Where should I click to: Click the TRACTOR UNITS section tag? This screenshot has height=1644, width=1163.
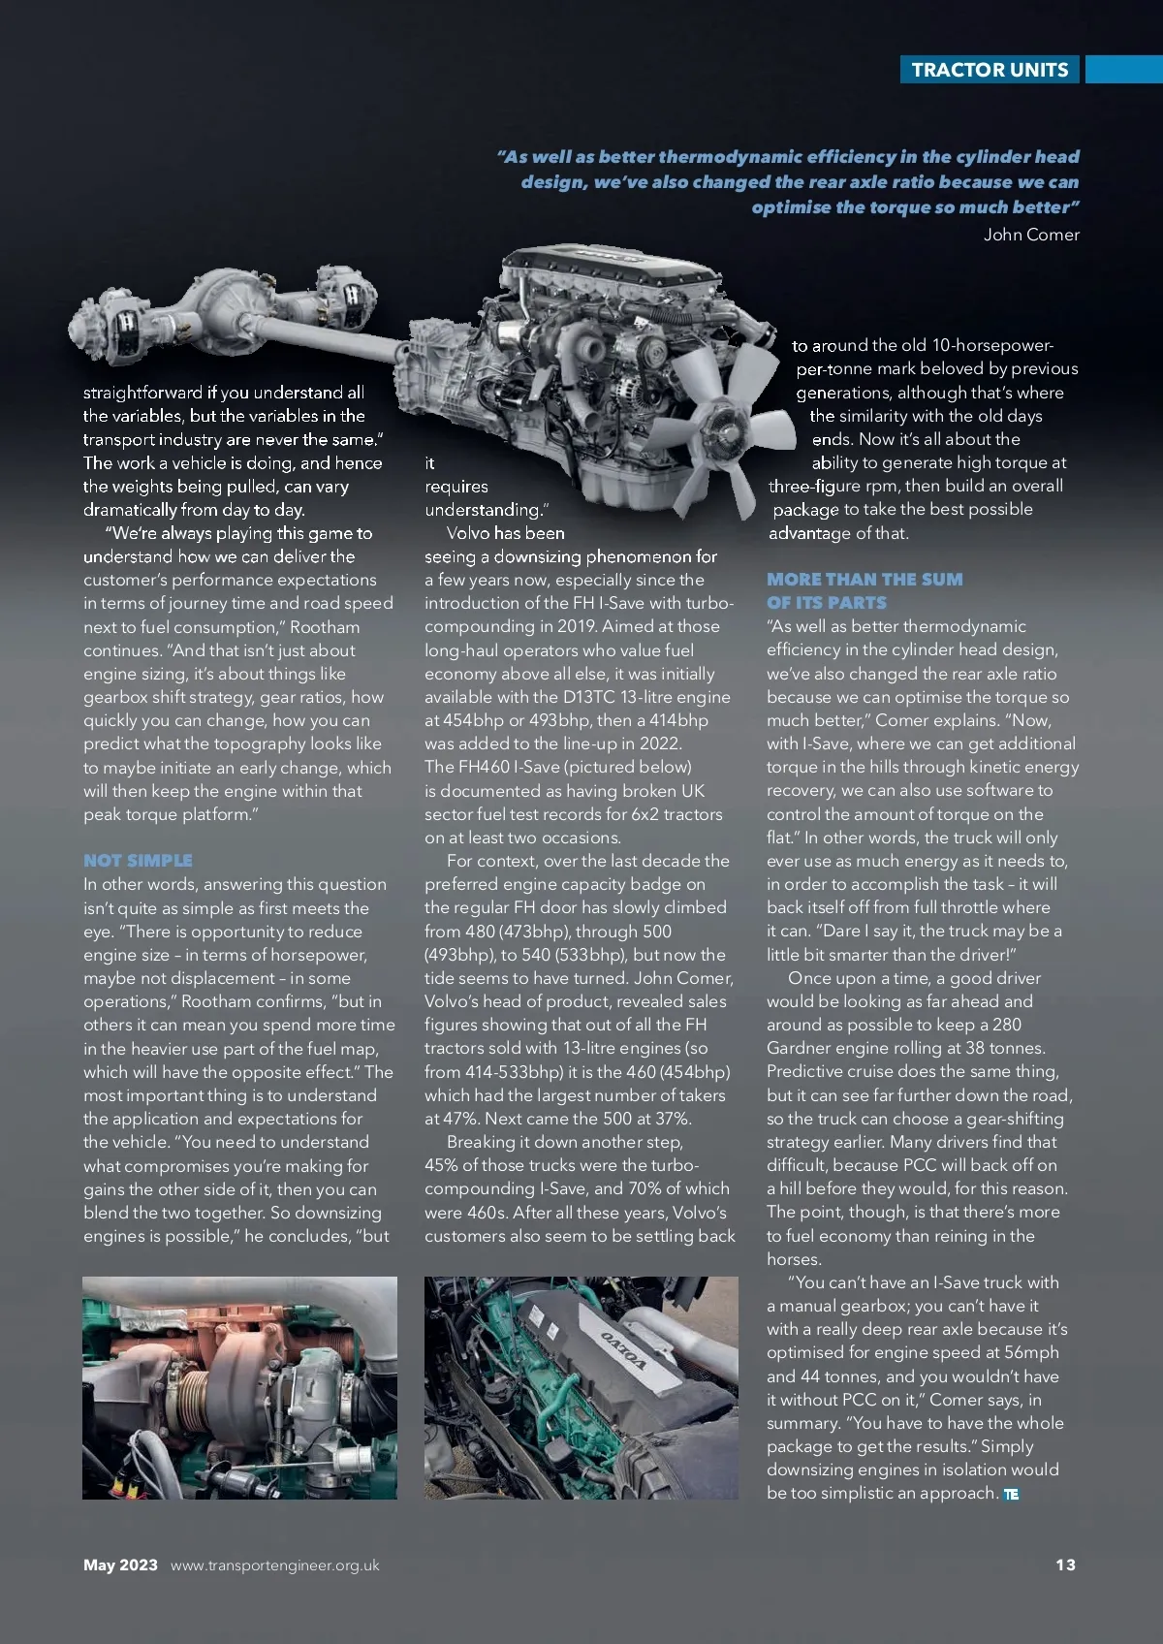[990, 70]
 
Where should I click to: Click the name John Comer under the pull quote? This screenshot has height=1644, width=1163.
[1031, 235]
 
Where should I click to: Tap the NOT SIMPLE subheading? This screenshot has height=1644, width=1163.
[138, 861]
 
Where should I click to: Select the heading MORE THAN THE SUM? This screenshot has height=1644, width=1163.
[864, 580]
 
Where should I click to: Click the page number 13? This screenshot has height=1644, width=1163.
[1065, 1565]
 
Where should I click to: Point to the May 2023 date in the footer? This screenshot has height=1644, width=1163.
[120, 1565]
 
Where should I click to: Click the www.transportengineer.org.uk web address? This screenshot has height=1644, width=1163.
[275, 1565]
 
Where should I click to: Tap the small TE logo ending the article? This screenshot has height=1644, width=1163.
[1011, 1494]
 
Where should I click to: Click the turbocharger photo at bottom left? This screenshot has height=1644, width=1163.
[239, 1388]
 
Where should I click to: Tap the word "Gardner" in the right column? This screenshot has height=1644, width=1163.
[801, 1048]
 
